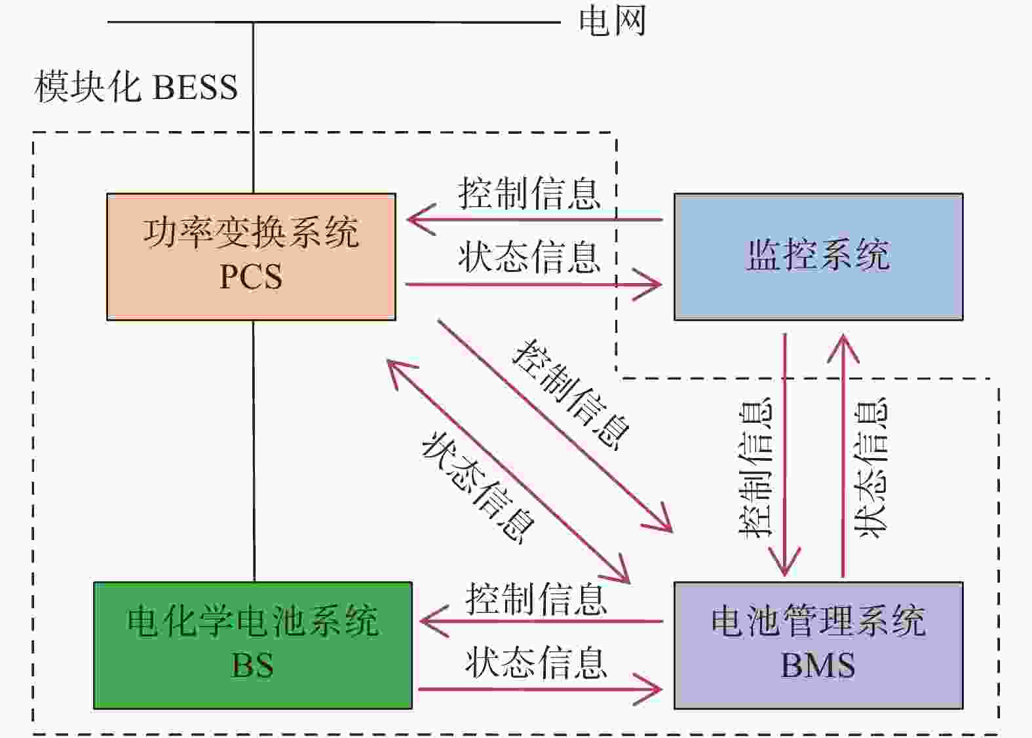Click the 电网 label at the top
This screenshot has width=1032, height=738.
[x=612, y=21]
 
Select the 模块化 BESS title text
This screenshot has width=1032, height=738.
[x=136, y=87]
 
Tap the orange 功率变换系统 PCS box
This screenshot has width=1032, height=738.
[x=251, y=256]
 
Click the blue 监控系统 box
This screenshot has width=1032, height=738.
[x=818, y=256]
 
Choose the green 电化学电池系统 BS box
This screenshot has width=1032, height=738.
[x=252, y=646]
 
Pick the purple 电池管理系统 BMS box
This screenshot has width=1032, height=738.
[x=818, y=646]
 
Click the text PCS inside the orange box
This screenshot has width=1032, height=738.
[x=251, y=277]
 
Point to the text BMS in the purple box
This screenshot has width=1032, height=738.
[x=818, y=665]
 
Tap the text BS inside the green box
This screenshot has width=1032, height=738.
[x=252, y=665]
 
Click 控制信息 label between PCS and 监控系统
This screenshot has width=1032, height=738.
[x=529, y=193]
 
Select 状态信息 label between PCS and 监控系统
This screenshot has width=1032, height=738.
[x=529, y=257]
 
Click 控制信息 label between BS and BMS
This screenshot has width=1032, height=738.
[x=536, y=599]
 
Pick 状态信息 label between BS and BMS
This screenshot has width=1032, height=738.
[x=536, y=663]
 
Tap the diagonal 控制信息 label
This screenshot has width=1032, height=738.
[x=571, y=395]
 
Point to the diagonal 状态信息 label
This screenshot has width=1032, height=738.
[x=478, y=488]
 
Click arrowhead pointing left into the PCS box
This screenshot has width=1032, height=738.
[x=420, y=220]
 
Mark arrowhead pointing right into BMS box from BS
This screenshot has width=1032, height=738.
[x=649, y=689]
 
